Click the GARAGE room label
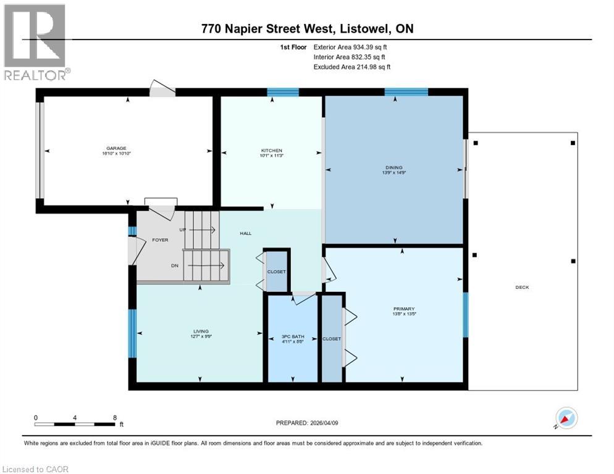116,148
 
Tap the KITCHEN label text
272,151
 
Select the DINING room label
394,167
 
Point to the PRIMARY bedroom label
404,309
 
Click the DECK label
523,287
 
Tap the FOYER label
160,240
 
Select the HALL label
245,233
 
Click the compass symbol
566,418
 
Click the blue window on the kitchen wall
283,93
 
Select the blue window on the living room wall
132,333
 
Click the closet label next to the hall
276,272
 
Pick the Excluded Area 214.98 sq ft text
352,67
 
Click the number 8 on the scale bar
115,418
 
